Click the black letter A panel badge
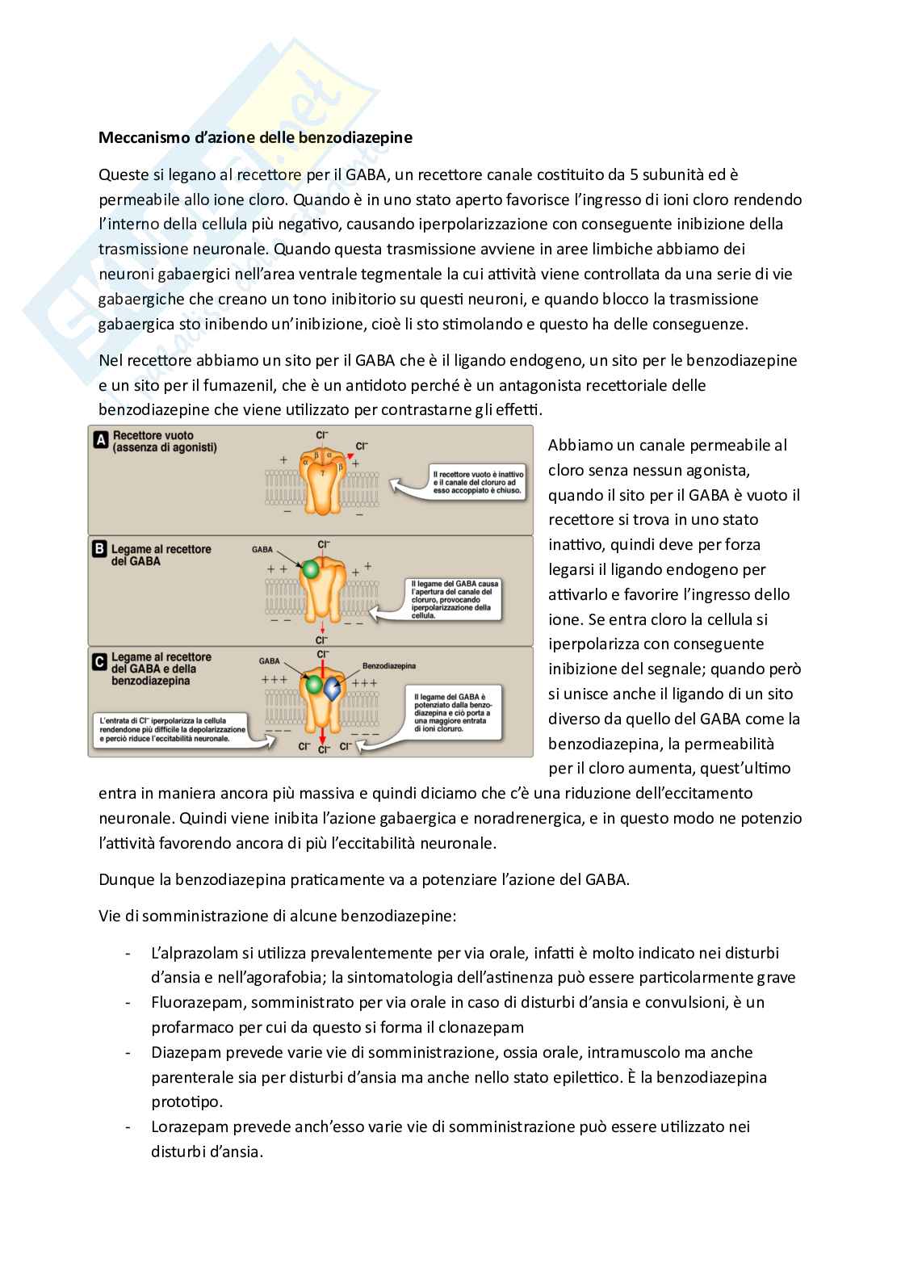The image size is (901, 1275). (x=101, y=440)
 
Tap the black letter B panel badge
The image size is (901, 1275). (x=101, y=550)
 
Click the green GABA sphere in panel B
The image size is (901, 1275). (x=309, y=569)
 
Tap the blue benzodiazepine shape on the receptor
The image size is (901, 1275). (x=332, y=690)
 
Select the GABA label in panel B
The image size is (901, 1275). (x=262, y=549)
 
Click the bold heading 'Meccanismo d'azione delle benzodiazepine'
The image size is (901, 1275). (x=255, y=137)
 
